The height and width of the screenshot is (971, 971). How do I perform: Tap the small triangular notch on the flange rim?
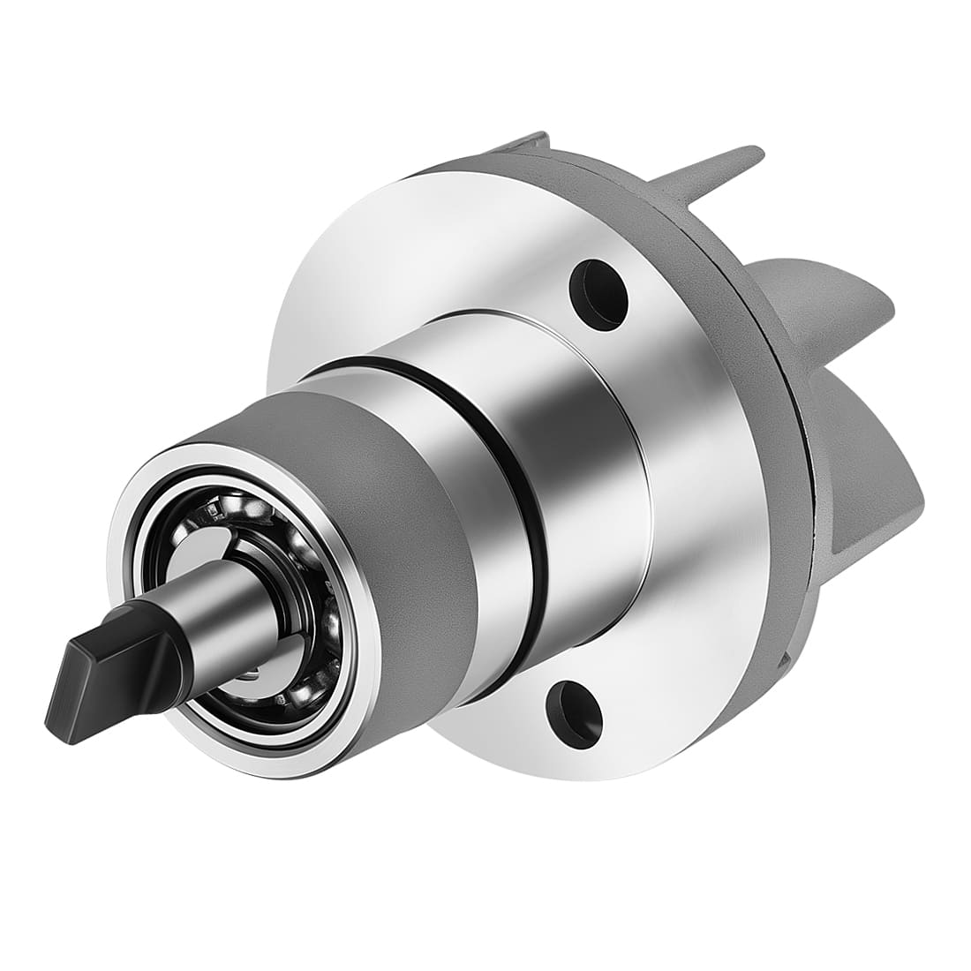[785, 658]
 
